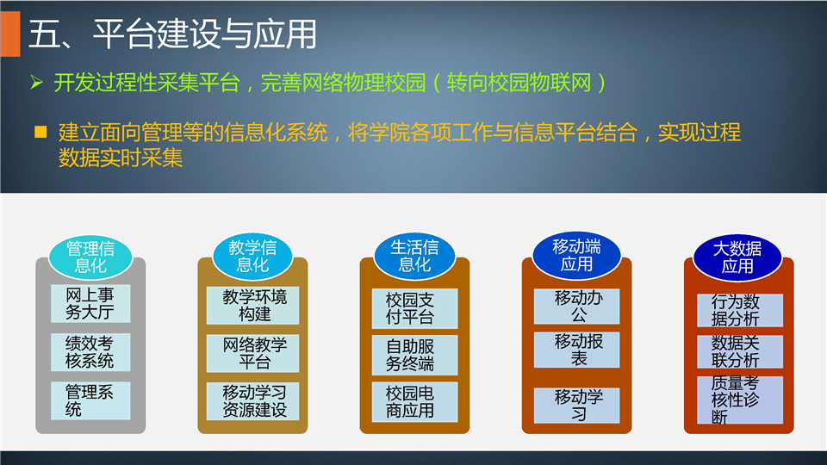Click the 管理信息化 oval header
[90, 257]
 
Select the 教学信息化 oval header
[252, 256]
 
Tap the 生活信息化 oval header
[414, 255]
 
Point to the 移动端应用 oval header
[576, 255]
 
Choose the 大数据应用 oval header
[737, 257]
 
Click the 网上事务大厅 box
[90, 303]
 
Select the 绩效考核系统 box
[90, 351]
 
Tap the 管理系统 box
[90, 400]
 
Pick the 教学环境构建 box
[252, 305]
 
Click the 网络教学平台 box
[252, 353]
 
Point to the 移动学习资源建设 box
[252, 400]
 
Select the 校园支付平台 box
[414, 308]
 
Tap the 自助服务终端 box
[414, 355]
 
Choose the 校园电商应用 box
[414, 402]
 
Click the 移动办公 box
[576, 307]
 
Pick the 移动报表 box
[576, 350]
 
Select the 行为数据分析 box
[739, 311]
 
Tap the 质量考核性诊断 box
[739, 400]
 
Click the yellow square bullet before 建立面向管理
[40, 132]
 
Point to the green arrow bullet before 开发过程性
[36, 83]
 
